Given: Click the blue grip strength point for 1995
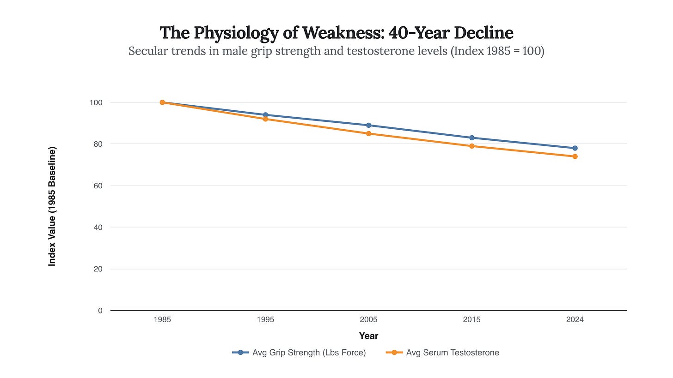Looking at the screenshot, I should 265,115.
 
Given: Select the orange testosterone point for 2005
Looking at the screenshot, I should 368,133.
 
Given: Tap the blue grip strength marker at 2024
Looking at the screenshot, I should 575,148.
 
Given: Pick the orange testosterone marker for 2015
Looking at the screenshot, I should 472,146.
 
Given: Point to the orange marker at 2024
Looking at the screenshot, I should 575,156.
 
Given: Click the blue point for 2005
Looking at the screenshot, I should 368,125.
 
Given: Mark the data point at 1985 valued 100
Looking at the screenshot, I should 162,102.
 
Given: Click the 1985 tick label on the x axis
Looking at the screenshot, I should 162,319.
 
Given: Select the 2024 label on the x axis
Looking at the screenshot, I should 575,319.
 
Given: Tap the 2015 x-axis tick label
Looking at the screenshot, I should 472,319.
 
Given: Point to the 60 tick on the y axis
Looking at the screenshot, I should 98,186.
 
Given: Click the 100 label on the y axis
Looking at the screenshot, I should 96,102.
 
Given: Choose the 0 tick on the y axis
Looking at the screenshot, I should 100,311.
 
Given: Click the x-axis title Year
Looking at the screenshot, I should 368,336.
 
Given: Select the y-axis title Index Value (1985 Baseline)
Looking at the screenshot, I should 52,206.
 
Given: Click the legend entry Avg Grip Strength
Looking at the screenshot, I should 308,353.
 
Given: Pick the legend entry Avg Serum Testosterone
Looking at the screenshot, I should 452,353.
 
